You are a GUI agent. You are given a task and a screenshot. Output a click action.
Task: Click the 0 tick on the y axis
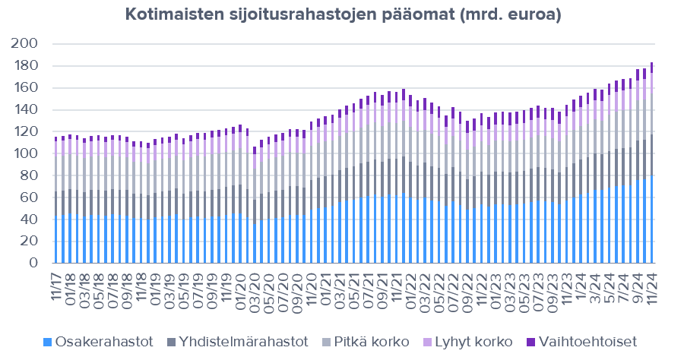pyautogui.click(x=34, y=264)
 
